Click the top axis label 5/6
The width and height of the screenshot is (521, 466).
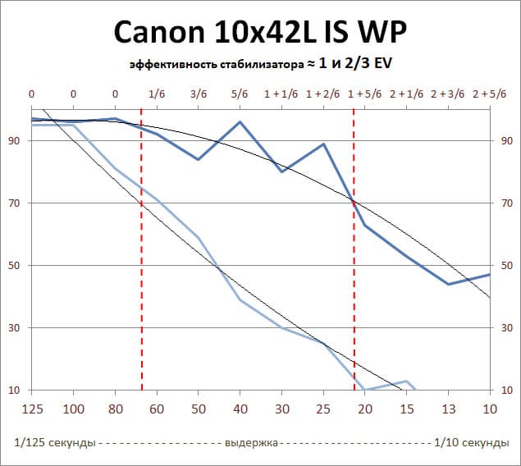tap(240, 94)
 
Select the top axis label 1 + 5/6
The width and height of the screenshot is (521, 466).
tap(365, 94)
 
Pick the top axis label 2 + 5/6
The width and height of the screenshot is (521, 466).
tap(490, 94)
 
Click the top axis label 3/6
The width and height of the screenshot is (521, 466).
tap(199, 94)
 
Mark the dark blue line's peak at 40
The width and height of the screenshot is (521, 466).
tap(240, 122)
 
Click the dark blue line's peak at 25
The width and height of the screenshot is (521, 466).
tap(324, 144)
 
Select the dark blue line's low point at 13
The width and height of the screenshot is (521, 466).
tap(449, 284)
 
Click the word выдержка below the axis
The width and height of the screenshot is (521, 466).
tap(250, 442)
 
